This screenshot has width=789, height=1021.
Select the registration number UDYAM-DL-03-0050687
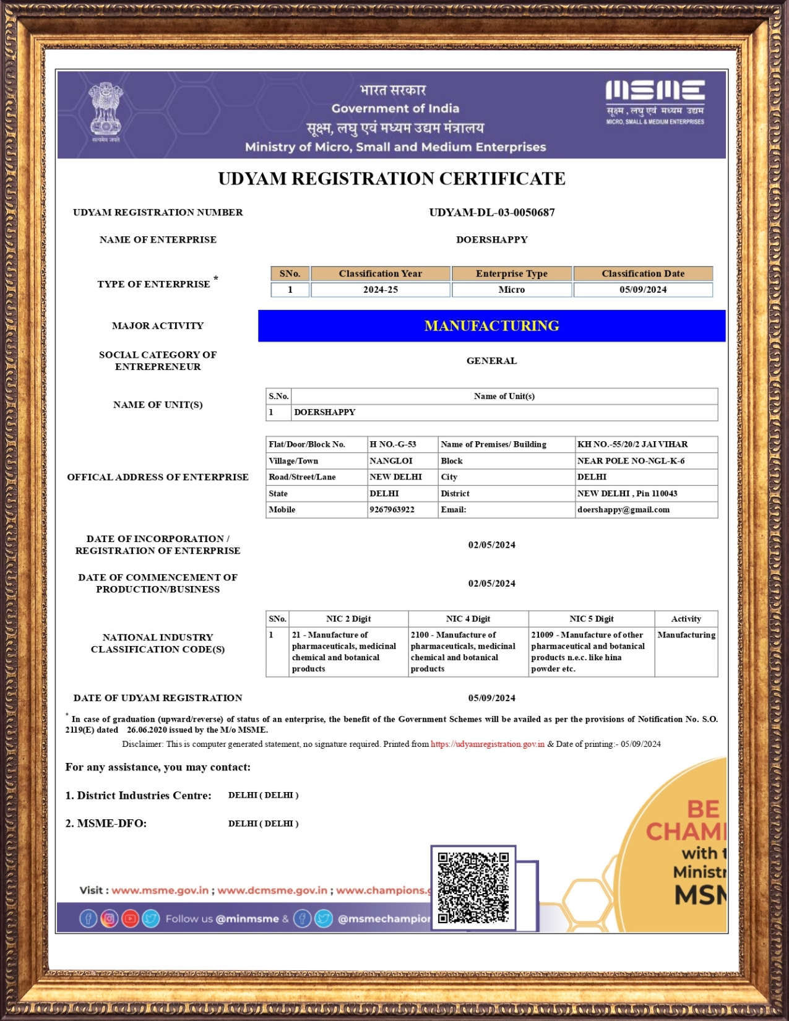[x=492, y=212]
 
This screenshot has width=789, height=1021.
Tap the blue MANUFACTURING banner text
[x=492, y=326]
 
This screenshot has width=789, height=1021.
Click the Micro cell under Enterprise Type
[x=512, y=290]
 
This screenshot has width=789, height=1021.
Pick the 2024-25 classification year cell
[x=380, y=290]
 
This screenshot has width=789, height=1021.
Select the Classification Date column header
[x=643, y=274]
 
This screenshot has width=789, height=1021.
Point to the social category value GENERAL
[x=491, y=361]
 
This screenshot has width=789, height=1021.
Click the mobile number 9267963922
[x=392, y=510]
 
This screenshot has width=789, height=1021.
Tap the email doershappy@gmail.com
[x=623, y=510]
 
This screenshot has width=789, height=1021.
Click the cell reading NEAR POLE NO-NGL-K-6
[x=631, y=461]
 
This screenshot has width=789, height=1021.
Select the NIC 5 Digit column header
[x=591, y=619]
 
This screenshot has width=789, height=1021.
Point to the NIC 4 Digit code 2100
[x=420, y=635]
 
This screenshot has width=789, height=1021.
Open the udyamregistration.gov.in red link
[x=488, y=744]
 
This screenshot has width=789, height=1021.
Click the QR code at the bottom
[x=473, y=888]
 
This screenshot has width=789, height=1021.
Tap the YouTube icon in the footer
[x=130, y=919]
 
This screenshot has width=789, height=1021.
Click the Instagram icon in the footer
[x=109, y=919]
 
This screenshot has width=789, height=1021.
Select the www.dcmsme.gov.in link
[x=272, y=890]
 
